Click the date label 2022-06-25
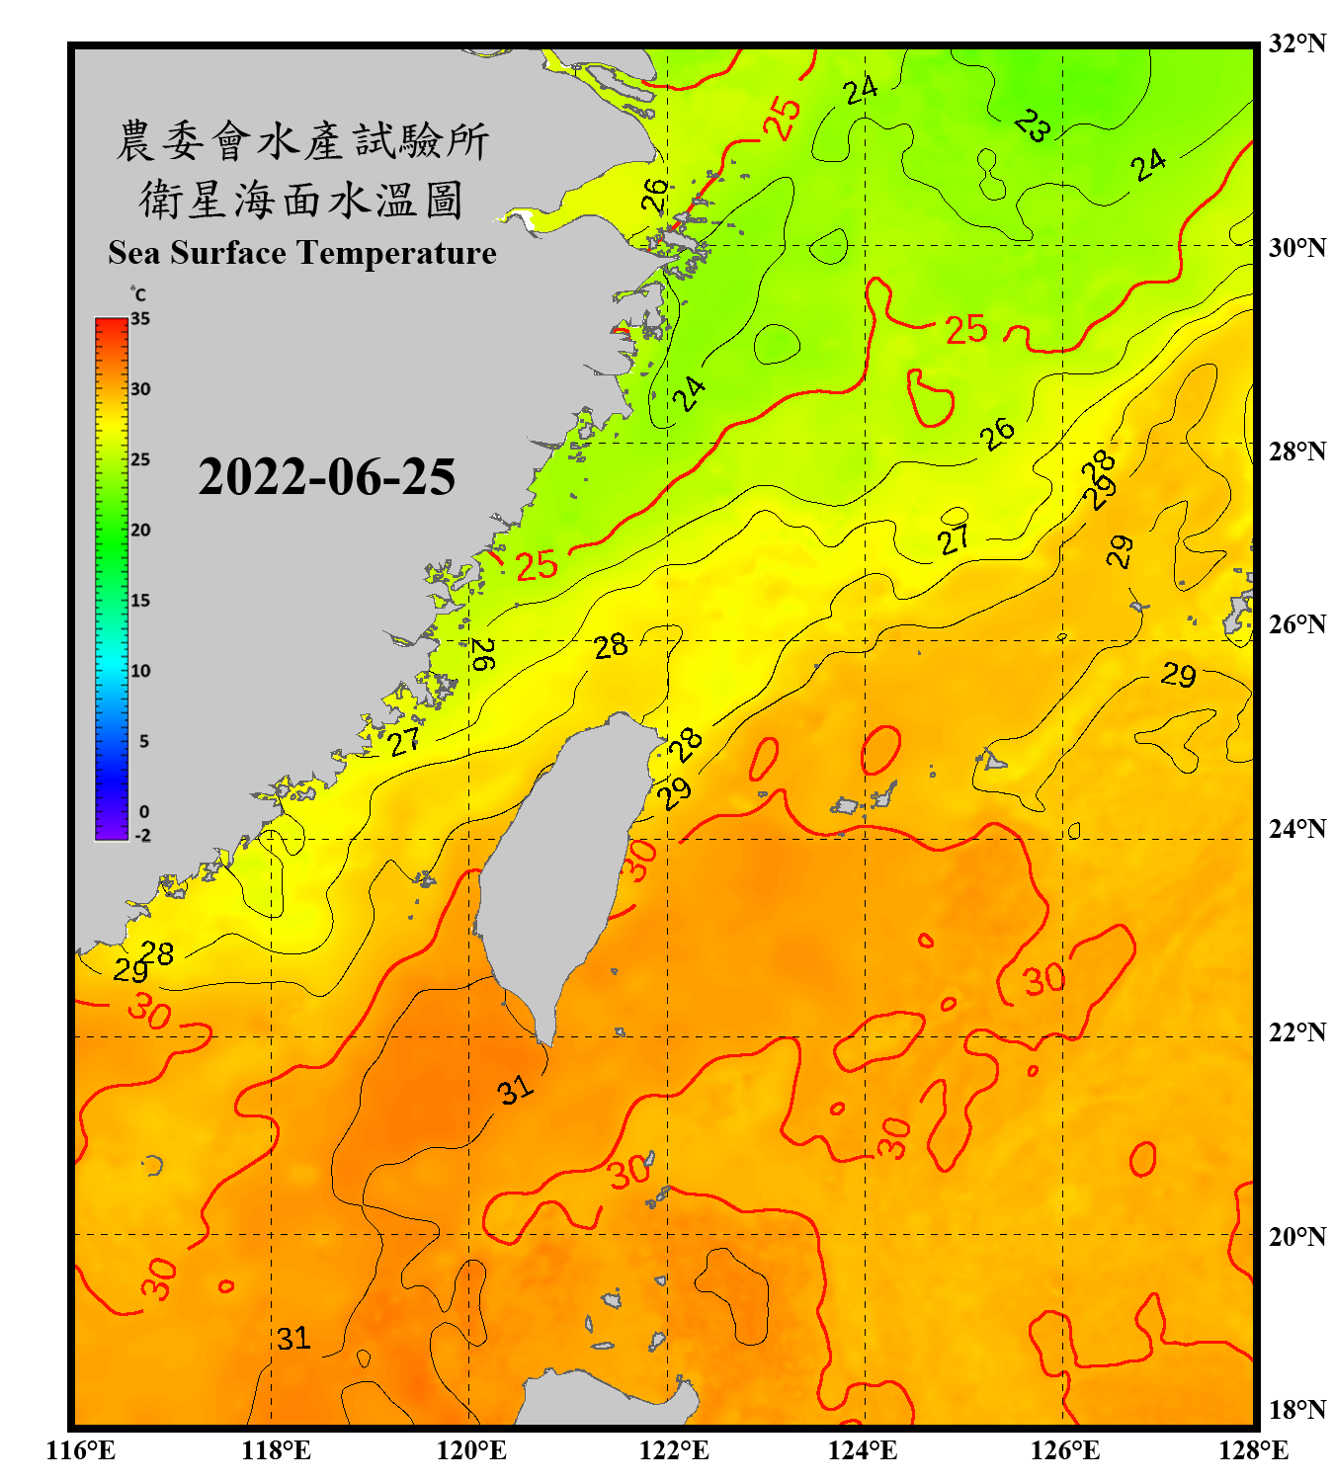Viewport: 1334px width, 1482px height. point(326,477)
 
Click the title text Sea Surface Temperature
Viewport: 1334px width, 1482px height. point(302,253)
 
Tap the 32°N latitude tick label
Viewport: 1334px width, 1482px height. point(1296,43)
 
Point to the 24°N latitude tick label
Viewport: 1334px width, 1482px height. point(1296,828)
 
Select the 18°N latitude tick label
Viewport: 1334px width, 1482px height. point(1296,1410)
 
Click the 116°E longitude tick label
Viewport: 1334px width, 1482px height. point(81,1450)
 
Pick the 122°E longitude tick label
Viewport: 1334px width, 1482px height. point(674,1450)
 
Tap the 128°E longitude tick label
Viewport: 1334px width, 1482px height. point(1253,1450)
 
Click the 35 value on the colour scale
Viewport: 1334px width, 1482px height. point(140,319)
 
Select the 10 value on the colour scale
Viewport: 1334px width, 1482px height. point(140,671)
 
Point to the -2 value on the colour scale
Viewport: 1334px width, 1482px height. point(142,836)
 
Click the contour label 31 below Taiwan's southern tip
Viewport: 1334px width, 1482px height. point(515,1091)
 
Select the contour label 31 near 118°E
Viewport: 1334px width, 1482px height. point(293,1339)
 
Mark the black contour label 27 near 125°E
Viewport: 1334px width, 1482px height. point(954,540)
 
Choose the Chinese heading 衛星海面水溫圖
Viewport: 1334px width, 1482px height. point(301,201)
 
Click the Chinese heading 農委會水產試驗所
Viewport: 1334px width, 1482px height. point(301,141)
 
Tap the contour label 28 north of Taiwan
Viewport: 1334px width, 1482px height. point(611,646)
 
